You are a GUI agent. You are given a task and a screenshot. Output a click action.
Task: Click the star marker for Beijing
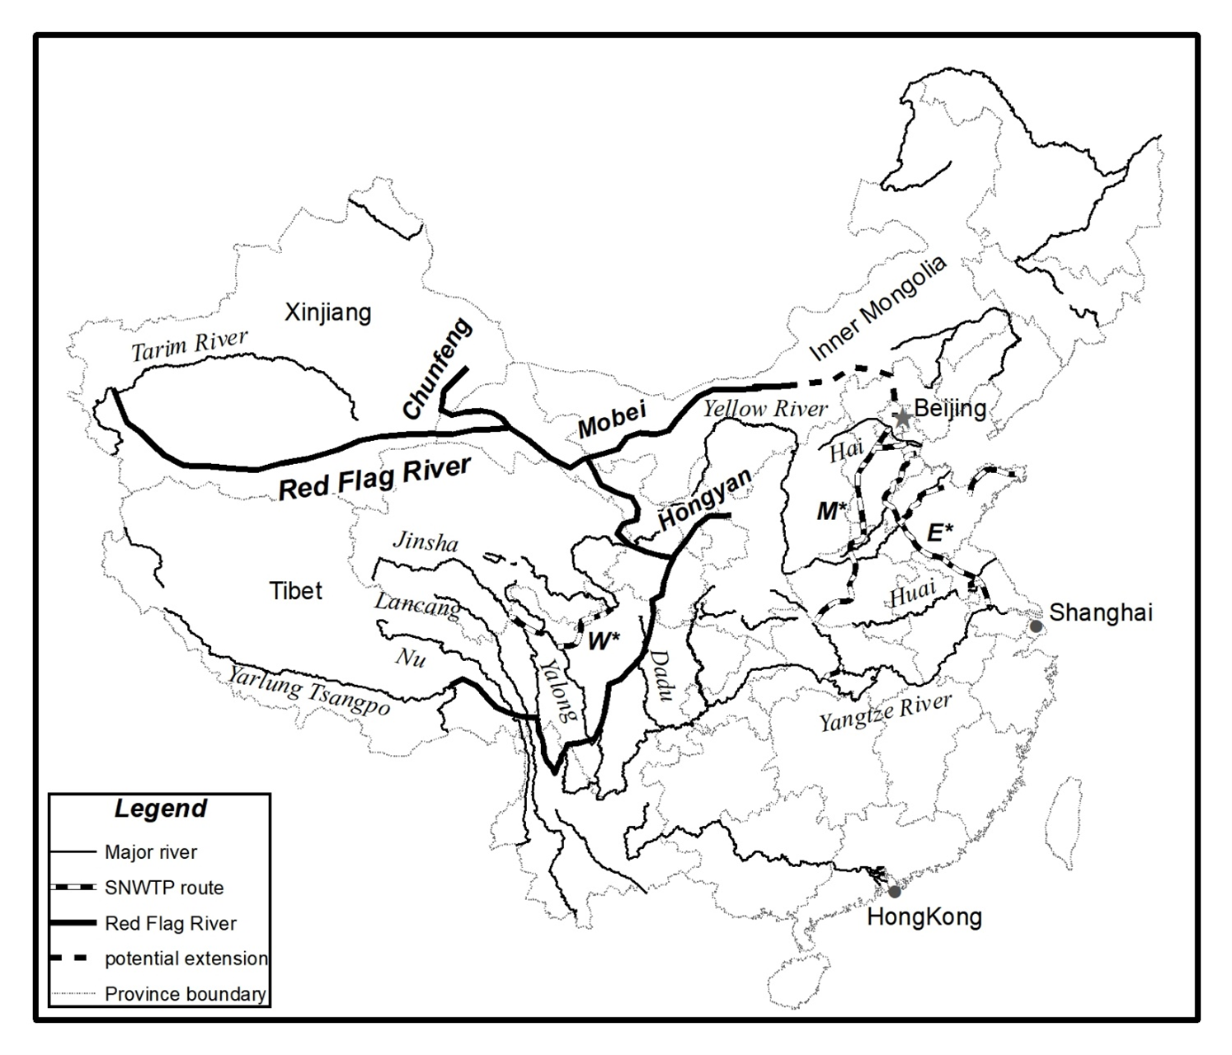tap(903, 418)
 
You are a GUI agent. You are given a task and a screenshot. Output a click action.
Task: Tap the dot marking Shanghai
tap(1036, 627)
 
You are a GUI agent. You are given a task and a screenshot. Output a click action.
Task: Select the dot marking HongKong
tap(894, 891)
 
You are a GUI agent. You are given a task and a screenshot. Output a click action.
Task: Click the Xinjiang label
tap(327, 313)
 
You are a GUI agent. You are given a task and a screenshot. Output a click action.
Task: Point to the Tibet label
tap(296, 591)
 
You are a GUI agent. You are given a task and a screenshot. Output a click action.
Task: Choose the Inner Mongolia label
tap(878, 309)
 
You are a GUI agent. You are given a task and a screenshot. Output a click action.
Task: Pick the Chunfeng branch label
tap(438, 368)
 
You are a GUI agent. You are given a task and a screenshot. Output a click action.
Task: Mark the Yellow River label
tap(764, 408)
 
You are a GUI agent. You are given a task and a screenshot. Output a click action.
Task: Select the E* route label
tap(940, 532)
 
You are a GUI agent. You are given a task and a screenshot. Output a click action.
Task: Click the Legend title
tap(160, 809)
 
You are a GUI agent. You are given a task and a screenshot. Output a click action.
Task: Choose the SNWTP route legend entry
tap(164, 888)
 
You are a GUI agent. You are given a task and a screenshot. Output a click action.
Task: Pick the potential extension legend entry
tap(186, 959)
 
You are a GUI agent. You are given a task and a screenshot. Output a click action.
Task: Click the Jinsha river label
tap(425, 542)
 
